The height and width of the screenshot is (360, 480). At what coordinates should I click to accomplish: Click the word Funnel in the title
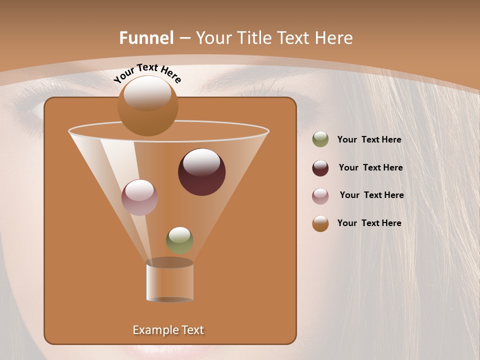[x=146, y=38]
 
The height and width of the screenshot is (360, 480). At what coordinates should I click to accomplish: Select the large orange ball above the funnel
[x=147, y=106]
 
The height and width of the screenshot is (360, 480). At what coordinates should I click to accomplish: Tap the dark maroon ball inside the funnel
[x=201, y=172]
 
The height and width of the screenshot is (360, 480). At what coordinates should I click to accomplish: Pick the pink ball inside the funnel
[x=139, y=197]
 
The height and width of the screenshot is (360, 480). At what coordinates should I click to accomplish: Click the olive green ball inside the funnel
[x=179, y=240]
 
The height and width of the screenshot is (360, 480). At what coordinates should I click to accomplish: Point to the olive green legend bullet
[x=320, y=139]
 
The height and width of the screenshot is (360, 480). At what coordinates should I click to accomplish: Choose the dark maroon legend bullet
[x=320, y=168]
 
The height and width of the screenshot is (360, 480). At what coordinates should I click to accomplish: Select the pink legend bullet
[x=320, y=195]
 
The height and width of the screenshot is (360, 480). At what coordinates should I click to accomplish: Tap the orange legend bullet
[x=320, y=223]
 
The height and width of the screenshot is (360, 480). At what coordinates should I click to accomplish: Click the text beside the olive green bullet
[x=369, y=140]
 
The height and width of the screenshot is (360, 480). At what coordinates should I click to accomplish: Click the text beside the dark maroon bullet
[x=370, y=168]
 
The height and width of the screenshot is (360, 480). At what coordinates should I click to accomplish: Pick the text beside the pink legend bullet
[x=371, y=195]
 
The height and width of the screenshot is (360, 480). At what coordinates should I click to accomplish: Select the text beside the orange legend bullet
[x=369, y=223]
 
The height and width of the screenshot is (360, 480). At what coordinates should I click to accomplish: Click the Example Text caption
[x=168, y=330]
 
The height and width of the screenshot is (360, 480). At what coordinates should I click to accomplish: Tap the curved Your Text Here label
[x=147, y=73]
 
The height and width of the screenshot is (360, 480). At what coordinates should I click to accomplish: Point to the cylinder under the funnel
[x=169, y=281]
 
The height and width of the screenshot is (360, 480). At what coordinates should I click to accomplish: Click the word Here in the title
[x=334, y=38]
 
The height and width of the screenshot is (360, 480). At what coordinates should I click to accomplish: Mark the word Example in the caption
[x=152, y=330]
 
